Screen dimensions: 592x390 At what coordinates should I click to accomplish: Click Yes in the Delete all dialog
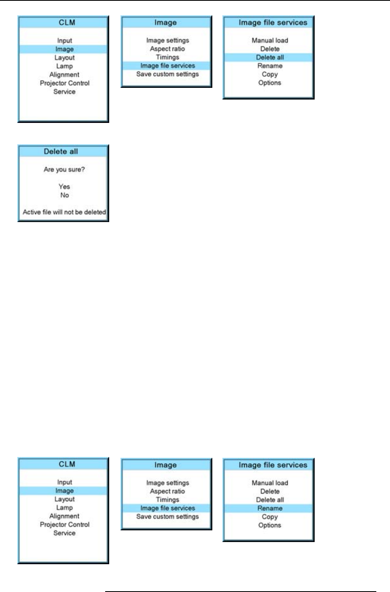click(x=64, y=187)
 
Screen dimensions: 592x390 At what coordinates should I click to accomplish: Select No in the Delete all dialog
click(x=64, y=195)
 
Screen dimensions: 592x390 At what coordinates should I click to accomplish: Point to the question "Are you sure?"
click(x=64, y=170)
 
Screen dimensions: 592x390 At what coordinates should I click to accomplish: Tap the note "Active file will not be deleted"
click(x=64, y=212)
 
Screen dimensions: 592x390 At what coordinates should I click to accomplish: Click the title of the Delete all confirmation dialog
click(x=61, y=152)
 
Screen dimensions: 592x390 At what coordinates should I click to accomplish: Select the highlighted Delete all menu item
click(x=270, y=57)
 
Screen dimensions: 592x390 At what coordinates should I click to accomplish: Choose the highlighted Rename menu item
click(x=270, y=508)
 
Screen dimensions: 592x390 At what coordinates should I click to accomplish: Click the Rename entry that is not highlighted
click(x=270, y=66)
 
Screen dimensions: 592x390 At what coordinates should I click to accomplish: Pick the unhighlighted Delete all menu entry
click(x=270, y=500)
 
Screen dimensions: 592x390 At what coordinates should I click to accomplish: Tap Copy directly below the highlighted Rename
click(x=270, y=517)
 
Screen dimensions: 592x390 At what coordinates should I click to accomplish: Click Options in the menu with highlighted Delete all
click(x=270, y=83)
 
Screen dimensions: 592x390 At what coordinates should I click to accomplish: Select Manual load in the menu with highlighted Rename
click(x=270, y=483)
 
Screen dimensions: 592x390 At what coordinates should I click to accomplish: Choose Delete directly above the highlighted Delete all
click(x=270, y=49)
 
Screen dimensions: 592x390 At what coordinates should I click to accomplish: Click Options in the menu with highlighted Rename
click(x=270, y=525)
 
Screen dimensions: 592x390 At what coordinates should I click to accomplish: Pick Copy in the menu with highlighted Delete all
click(x=270, y=74)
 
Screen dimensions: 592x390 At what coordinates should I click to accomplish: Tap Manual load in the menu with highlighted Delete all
click(x=270, y=40)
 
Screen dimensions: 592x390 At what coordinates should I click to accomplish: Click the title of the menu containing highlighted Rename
click(x=273, y=465)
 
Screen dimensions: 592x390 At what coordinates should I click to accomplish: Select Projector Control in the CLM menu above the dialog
click(x=64, y=83)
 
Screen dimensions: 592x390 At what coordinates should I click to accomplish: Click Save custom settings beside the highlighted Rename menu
click(x=167, y=517)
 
